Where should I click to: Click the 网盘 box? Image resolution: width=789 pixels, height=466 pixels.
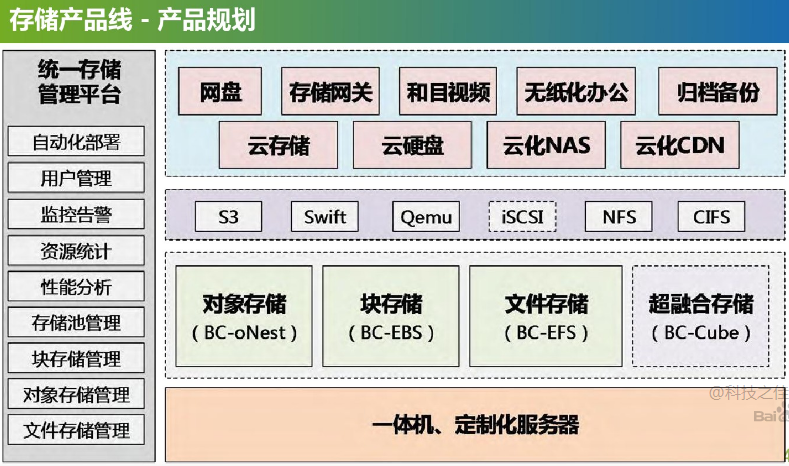pos(220,93)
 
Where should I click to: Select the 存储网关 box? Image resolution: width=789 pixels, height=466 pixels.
pos(330,93)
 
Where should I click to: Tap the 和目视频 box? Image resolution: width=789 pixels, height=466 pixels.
pos(448,93)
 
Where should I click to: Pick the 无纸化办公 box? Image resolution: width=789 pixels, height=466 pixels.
pos(577,93)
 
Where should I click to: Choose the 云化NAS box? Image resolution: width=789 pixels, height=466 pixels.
pos(546,146)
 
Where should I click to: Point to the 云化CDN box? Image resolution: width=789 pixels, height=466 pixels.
pos(679,146)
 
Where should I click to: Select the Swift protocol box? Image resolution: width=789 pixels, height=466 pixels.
pos(325,216)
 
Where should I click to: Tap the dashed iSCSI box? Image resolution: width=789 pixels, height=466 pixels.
pos(522,216)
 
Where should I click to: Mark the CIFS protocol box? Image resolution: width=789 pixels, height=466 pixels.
pos(711,216)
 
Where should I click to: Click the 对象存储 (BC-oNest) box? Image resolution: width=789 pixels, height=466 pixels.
pos(243,316)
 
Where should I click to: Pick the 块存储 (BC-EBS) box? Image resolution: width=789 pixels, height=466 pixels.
pos(391,316)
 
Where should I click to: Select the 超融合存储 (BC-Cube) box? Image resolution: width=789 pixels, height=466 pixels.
pos(701,316)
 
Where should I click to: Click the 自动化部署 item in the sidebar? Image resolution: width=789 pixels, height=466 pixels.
pos(77,142)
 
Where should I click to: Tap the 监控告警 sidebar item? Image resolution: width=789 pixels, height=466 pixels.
pos(77,214)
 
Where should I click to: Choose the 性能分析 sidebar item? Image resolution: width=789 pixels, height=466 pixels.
pos(77,287)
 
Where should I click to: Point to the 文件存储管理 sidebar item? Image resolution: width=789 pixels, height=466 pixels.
pos(77,431)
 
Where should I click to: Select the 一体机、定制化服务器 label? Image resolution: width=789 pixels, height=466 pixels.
pos(475,425)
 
